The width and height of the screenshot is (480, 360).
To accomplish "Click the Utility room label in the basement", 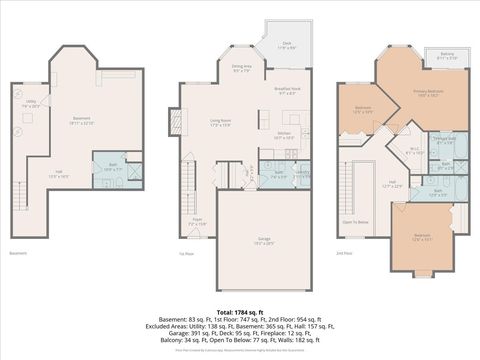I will [x=31, y=102].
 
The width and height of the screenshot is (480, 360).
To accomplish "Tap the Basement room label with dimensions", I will [x=83, y=121].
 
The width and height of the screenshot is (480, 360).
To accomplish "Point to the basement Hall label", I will [x=60, y=175].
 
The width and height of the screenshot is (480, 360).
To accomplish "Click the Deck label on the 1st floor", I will [x=286, y=46].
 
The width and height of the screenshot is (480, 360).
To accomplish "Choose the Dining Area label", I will [x=242, y=70].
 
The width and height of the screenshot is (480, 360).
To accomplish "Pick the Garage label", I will [x=264, y=241].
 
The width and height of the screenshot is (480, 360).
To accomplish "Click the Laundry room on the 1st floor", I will [x=302, y=172].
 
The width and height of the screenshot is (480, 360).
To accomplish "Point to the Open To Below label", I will [x=355, y=222].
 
